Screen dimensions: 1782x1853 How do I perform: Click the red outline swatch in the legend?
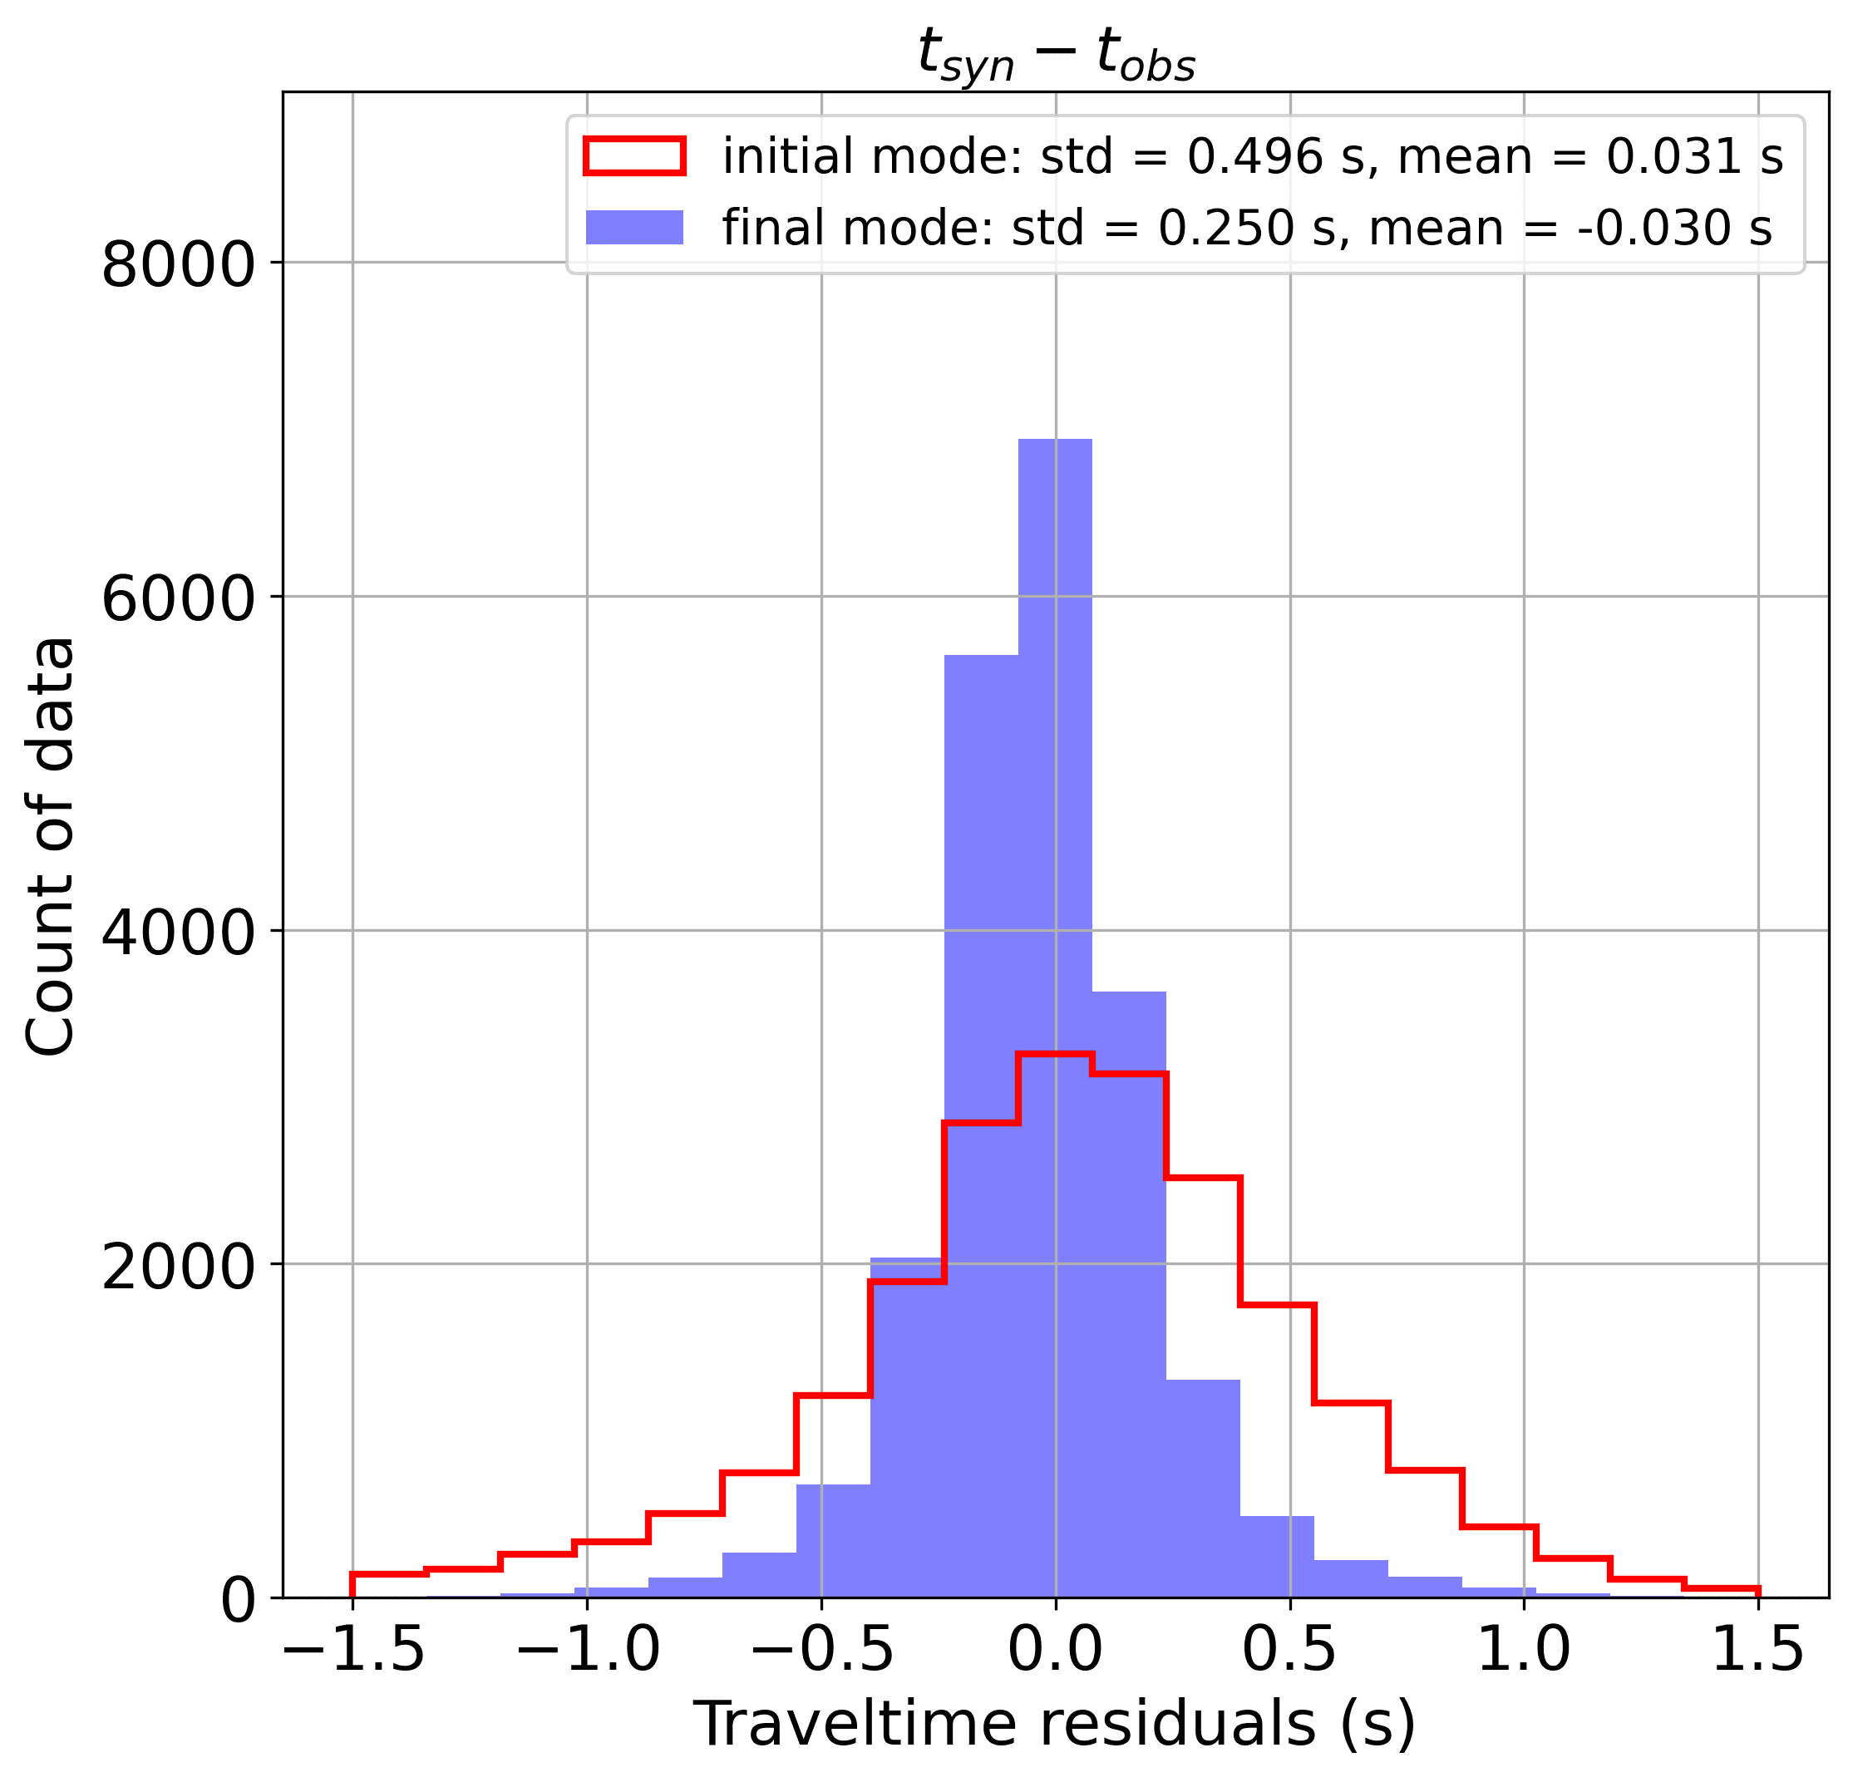[x=633, y=156]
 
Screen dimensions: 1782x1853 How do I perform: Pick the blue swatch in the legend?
[x=633, y=227]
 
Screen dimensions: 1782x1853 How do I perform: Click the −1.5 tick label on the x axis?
[x=352, y=1651]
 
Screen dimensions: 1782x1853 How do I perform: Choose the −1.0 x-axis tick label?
[x=587, y=1651]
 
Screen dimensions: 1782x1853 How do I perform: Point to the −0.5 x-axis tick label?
[x=821, y=1651]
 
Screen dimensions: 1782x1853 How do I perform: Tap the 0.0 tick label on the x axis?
[x=1055, y=1651]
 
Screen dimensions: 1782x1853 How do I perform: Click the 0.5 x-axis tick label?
[x=1289, y=1651]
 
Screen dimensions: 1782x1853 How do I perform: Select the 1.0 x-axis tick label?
[x=1524, y=1651]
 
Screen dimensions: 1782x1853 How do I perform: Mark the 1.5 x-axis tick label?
[x=1758, y=1651]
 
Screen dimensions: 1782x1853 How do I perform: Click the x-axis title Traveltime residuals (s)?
[x=1055, y=1725]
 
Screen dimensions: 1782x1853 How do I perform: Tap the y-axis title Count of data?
[x=49, y=846]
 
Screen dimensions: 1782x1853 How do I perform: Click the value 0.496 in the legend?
[x=1254, y=156]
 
